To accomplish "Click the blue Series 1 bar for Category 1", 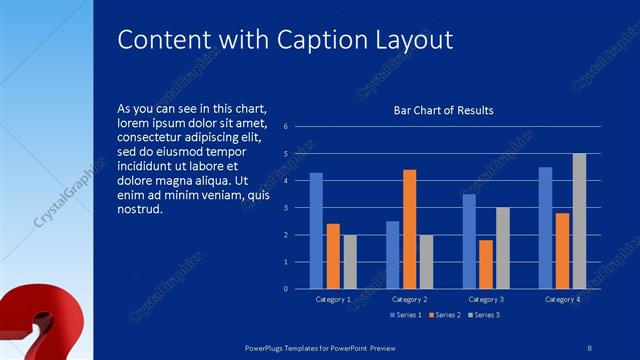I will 316,230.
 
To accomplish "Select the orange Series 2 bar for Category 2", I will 409,229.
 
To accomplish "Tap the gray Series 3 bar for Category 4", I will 579,221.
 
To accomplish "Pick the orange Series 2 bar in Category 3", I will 486,264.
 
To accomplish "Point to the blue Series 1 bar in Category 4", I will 545,227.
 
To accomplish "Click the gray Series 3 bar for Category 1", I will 349,261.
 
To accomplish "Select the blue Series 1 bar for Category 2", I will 393,254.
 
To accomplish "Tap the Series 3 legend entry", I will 483,316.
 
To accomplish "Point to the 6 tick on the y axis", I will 286,127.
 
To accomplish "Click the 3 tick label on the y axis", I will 286,208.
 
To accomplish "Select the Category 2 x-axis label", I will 410,299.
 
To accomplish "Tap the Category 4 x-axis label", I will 563,299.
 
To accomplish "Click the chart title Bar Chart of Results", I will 443,110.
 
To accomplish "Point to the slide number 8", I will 589,347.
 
